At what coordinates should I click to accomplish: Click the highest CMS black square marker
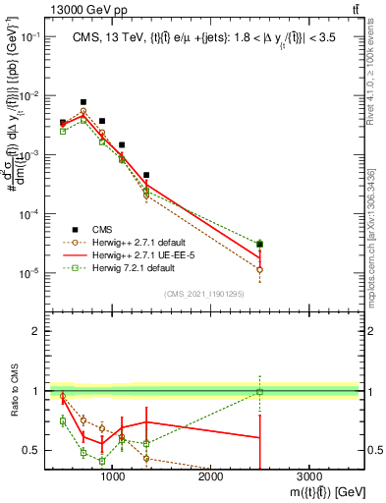[x=83, y=102]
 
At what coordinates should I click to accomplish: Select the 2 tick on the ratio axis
[x=39, y=331]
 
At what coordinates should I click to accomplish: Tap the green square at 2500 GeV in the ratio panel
[x=259, y=392]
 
